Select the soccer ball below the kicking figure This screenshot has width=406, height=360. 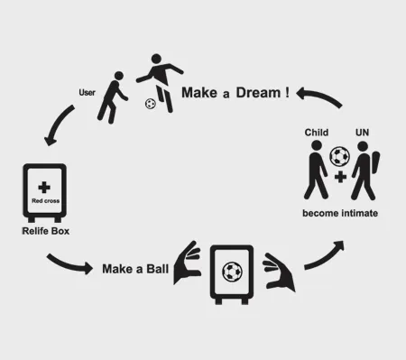click(150, 104)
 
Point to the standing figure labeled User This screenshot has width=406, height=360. click(114, 97)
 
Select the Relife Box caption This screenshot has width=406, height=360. click(45, 232)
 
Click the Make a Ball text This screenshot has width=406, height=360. click(135, 268)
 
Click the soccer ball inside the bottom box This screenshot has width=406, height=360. click(231, 271)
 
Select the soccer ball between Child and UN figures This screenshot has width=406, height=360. click(339, 156)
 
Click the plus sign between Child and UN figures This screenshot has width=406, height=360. click(339, 178)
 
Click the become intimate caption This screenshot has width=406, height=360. click(340, 213)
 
